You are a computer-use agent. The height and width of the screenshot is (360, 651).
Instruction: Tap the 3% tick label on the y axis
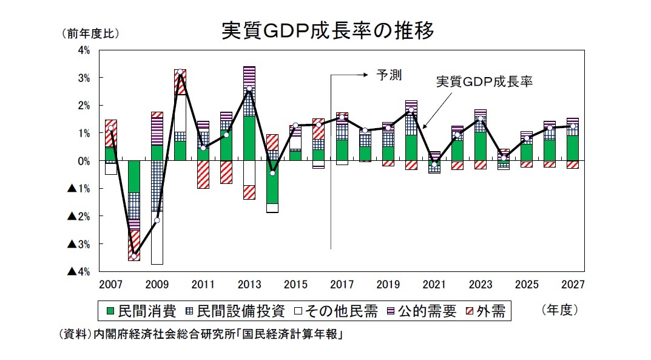coord(84,78)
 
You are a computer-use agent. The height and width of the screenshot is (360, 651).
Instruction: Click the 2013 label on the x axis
coord(249,284)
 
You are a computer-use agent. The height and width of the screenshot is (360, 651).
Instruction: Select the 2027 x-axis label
coord(573,284)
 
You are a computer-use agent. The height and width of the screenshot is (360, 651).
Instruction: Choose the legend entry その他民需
coord(334,311)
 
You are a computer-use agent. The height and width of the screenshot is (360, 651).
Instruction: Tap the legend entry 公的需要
coord(425,311)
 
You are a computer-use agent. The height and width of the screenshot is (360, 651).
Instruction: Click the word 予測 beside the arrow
coord(390,75)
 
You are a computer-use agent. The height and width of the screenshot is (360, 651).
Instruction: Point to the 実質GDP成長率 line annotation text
coord(484,82)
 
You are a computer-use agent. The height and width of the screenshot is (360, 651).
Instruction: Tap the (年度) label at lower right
coord(559,310)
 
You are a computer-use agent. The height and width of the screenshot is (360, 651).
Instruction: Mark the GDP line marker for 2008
coord(134,256)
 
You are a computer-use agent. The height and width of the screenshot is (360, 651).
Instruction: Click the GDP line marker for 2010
coord(180,72)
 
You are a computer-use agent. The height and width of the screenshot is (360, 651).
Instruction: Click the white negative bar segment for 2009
coord(157,238)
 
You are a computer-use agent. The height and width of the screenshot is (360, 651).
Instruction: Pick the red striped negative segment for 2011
coord(203,174)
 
